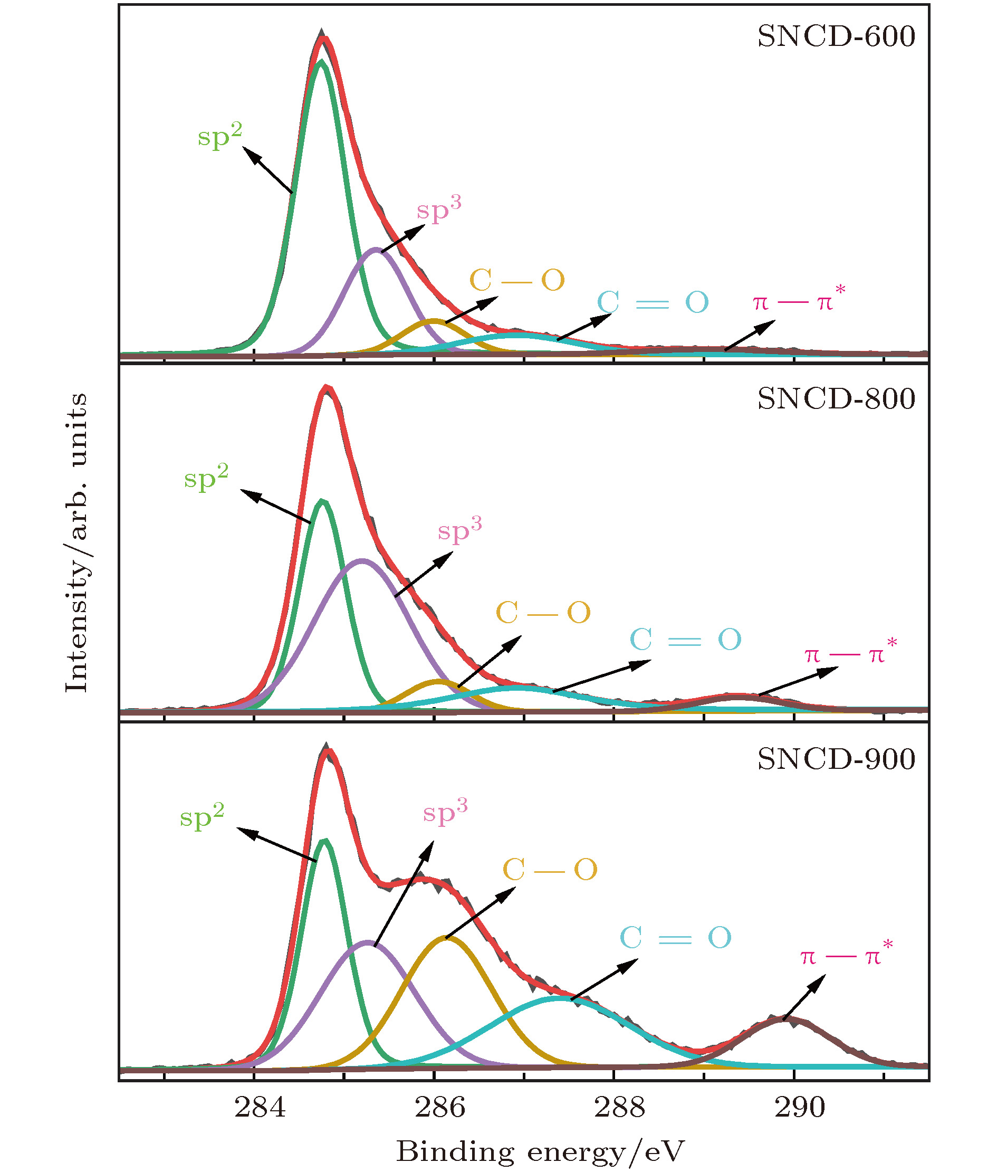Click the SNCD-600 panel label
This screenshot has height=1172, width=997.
(x=836, y=37)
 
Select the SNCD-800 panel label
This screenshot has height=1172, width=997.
(x=836, y=399)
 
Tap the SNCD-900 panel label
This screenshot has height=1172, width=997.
(x=836, y=759)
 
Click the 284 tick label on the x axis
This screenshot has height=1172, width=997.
(x=260, y=1108)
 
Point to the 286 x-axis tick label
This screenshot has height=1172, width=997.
(x=440, y=1108)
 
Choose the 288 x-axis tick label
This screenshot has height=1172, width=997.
(x=619, y=1108)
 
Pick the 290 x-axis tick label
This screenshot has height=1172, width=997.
(x=800, y=1108)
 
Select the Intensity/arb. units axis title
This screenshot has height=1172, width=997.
(x=76, y=543)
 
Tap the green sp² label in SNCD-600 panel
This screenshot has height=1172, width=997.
(x=220, y=136)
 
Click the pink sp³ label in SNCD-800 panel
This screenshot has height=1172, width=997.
(x=459, y=530)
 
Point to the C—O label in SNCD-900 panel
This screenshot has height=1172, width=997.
(x=549, y=870)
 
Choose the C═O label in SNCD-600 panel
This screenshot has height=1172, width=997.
(x=653, y=302)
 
